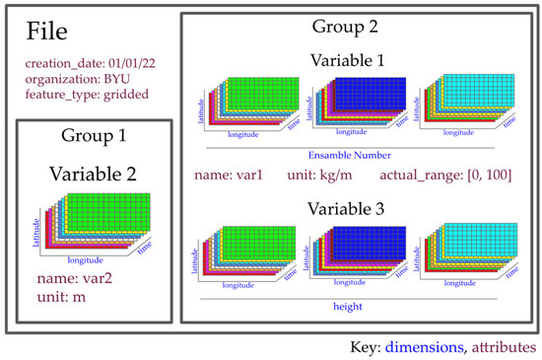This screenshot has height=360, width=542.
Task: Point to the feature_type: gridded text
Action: tap(78, 96)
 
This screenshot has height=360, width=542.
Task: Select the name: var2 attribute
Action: tap(72, 279)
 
